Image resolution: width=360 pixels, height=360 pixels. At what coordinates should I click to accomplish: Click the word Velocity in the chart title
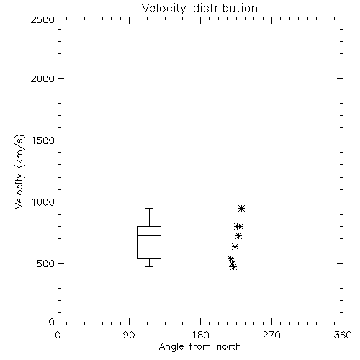163,9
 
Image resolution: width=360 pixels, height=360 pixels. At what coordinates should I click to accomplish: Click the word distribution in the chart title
225,8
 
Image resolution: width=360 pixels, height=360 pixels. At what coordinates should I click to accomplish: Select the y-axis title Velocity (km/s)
19,171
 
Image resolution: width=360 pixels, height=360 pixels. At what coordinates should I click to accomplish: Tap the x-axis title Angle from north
199,346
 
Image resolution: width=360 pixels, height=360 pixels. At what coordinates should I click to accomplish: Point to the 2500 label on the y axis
42,19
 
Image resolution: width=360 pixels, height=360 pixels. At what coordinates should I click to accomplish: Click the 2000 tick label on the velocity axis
42,78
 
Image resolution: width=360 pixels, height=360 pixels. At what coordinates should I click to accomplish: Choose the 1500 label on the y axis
43,140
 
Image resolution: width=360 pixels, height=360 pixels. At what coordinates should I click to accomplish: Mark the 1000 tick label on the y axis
43,202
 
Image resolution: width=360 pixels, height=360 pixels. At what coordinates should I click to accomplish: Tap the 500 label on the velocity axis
46,264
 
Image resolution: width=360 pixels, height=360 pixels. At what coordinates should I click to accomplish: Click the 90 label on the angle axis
129,335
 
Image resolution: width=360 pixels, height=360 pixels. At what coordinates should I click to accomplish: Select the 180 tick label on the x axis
200,335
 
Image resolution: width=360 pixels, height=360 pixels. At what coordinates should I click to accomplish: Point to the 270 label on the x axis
271,335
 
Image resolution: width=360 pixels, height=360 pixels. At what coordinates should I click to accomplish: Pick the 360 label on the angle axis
343,335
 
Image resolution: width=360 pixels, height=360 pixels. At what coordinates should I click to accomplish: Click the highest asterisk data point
241,208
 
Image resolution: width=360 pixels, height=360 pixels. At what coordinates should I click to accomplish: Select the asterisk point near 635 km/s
235,246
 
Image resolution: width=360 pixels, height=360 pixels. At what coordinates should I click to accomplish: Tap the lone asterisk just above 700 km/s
238,236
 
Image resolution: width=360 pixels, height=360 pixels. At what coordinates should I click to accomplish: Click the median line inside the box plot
149,235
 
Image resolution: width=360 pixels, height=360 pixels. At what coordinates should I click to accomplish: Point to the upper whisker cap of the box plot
149,208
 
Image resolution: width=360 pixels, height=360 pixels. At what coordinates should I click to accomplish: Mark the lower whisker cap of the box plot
149,266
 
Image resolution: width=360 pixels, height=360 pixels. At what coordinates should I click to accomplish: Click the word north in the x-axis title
229,346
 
